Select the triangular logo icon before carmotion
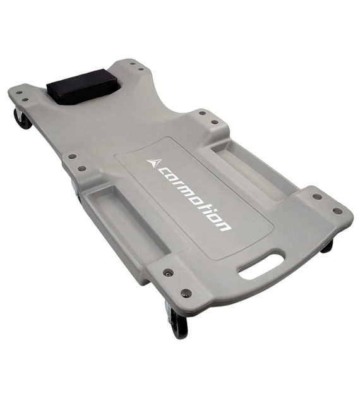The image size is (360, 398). pyautogui.click(x=154, y=163)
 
